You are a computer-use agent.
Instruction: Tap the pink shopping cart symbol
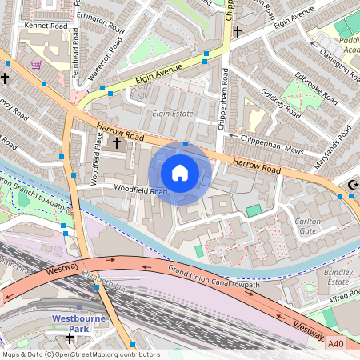click(35, 64)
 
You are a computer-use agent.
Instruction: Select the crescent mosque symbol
click(352, 186)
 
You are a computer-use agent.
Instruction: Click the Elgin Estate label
click(174, 114)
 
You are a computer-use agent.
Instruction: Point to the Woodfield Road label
click(139, 190)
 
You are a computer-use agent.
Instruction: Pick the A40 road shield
click(338, 343)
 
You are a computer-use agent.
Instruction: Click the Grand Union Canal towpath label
click(213, 279)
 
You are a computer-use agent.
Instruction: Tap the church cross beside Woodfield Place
click(117, 143)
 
